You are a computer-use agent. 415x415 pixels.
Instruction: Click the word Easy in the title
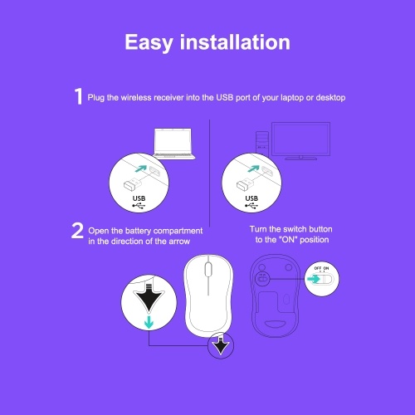click(149, 42)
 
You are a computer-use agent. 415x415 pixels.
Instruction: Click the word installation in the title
click(235, 42)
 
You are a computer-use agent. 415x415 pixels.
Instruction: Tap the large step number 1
click(79, 96)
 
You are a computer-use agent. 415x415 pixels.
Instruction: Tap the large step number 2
click(77, 230)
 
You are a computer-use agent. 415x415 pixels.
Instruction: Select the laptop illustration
click(173, 144)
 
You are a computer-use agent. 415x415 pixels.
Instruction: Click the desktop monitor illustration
click(300, 141)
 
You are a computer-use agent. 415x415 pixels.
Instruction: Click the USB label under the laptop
click(139, 198)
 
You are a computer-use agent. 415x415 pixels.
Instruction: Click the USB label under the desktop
click(251, 198)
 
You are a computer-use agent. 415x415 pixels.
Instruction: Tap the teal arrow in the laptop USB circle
click(141, 168)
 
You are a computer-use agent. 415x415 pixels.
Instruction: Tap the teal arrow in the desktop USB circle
click(254, 168)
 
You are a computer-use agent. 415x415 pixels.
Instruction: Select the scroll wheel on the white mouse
click(208, 269)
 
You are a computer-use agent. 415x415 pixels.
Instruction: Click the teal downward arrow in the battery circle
click(149, 322)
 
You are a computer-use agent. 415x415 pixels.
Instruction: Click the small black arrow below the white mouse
click(221, 344)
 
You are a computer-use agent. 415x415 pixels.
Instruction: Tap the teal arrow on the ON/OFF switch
click(313, 279)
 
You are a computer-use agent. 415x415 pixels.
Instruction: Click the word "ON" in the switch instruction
click(289, 240)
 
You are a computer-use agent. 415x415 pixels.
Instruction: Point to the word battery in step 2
click(138, 231)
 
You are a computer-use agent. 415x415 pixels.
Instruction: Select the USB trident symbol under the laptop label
click(139, 206)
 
